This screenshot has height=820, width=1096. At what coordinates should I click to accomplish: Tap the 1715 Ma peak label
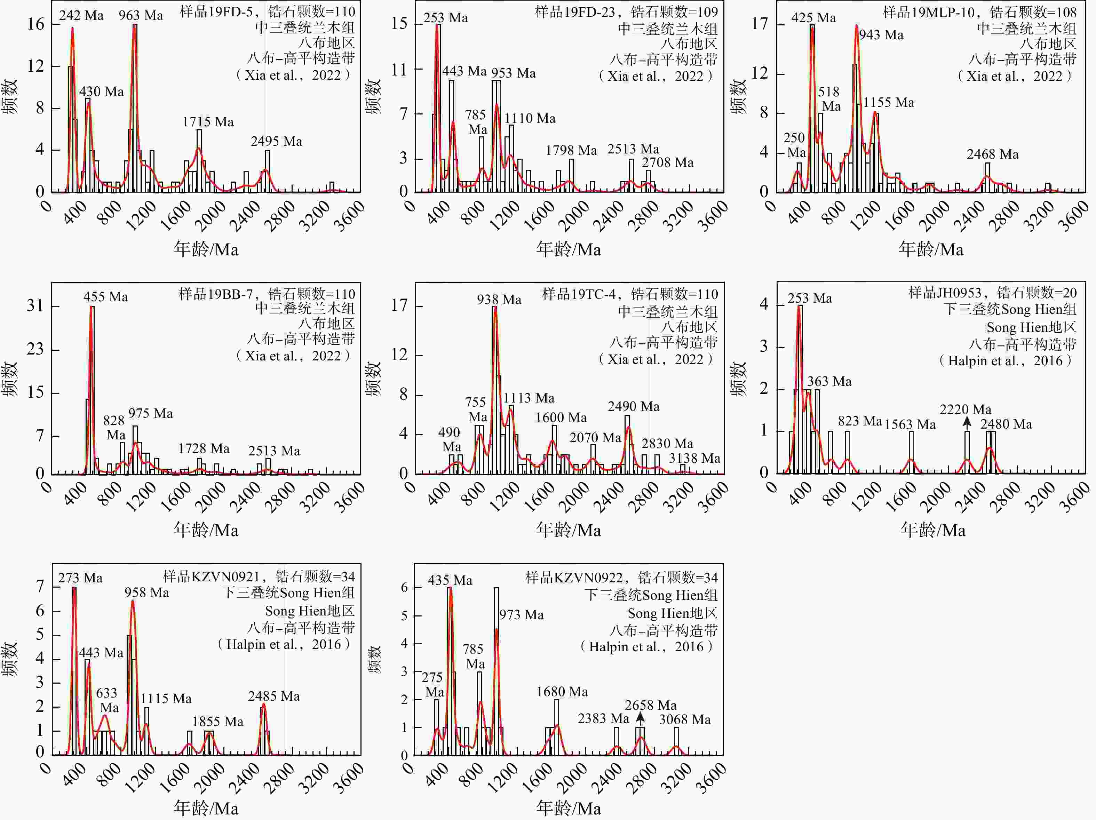pos(208,122)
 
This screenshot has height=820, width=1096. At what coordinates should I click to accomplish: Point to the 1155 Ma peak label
pos(888,103)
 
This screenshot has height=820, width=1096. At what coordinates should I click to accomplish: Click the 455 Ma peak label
pos(105,297)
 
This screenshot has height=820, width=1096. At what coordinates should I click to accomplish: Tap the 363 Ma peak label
pos(829,382)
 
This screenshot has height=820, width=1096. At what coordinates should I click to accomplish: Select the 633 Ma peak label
pos(107,700)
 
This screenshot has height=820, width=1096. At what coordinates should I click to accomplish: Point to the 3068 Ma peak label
pos(684,719)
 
